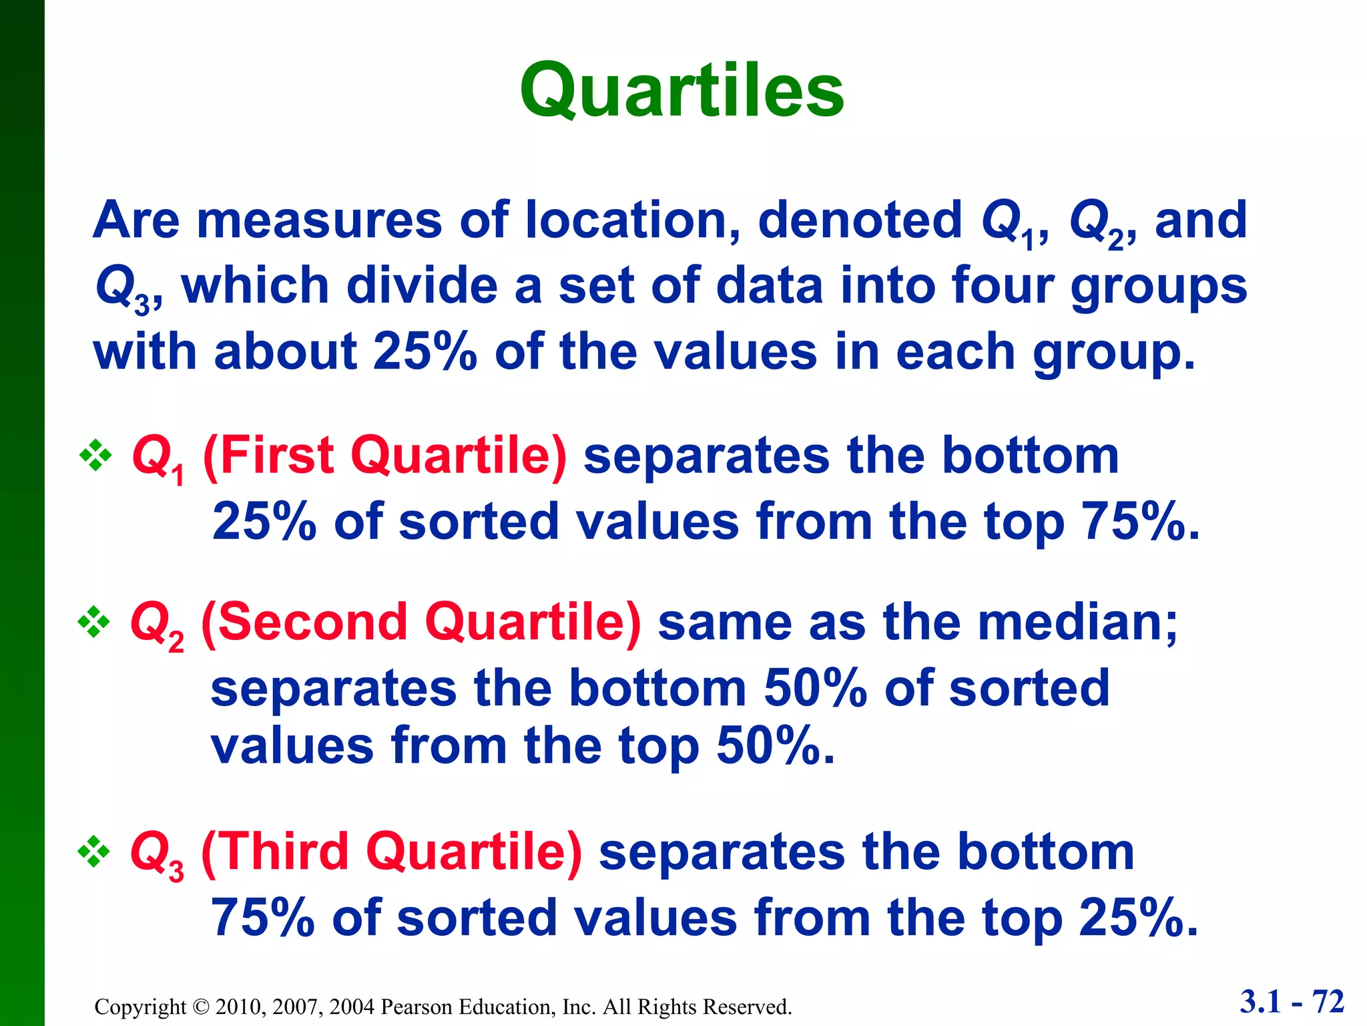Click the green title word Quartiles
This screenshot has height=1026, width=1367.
point(682,90)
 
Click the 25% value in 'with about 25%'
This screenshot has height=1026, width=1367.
point(425,351)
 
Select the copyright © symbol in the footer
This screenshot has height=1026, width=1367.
point(201,1007)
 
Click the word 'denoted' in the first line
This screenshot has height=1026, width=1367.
point(860,220)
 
